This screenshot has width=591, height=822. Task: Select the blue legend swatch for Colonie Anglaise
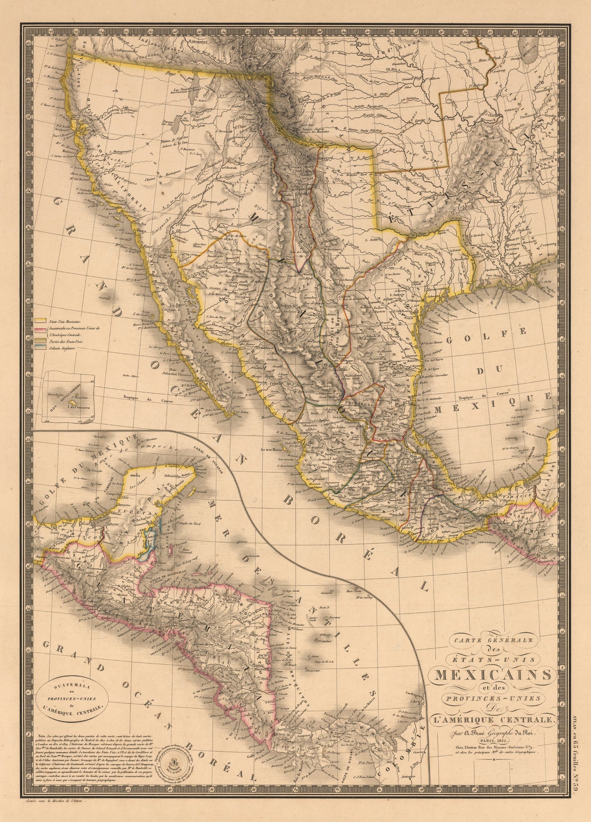coord(40,348)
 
